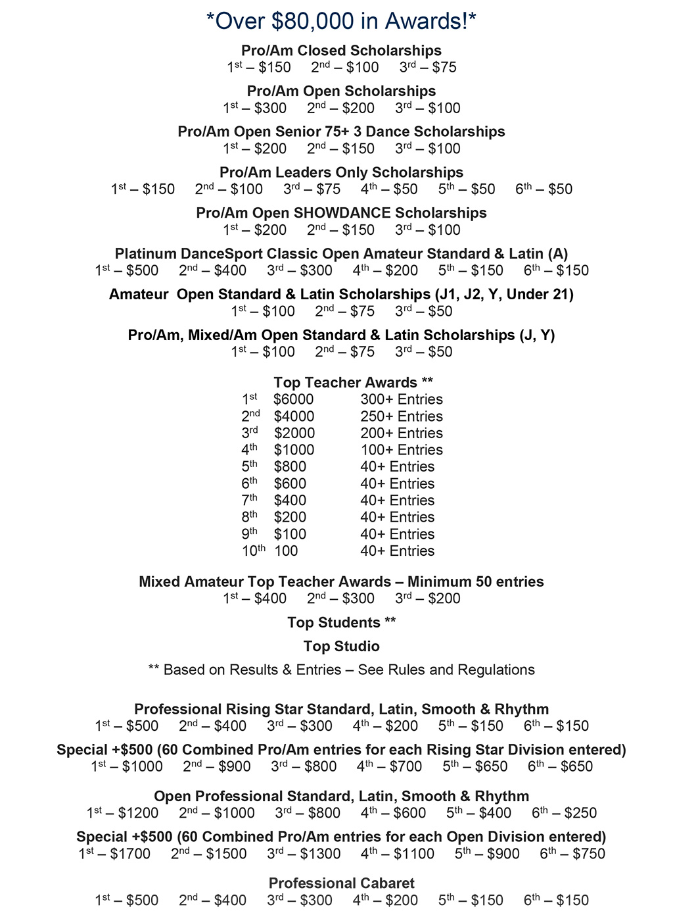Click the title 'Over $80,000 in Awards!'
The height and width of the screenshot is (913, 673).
click(341, 21)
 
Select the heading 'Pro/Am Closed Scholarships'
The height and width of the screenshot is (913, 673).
click(341, 51)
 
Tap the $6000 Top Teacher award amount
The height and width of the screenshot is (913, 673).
click(294, 399)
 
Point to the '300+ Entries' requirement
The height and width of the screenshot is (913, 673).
click(402, 399)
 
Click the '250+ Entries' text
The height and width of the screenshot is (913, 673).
click(402, 416)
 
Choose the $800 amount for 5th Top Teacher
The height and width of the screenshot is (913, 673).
click(290, 466)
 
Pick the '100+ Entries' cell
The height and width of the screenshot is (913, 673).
click(402, 450)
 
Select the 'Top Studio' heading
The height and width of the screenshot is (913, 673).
click(341, 646)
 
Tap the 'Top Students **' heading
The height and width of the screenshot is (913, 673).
click(341, 622)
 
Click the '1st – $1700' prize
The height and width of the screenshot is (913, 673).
click(114, 854)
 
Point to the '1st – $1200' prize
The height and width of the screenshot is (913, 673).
click(122, 813)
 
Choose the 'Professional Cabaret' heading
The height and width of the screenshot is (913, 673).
click(341, 883)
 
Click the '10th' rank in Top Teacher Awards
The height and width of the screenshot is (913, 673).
click(253, 551)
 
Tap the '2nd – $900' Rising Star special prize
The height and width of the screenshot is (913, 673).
click(217, 766)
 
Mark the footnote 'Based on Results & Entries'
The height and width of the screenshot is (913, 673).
click(341, 670)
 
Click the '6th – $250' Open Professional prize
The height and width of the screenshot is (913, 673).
click(564, 813)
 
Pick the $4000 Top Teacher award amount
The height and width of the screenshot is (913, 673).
click(294, 416)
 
